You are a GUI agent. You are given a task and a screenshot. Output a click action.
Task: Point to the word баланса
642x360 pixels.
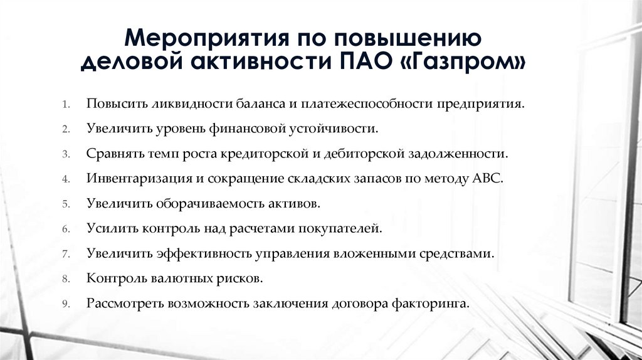(x=260, y=103)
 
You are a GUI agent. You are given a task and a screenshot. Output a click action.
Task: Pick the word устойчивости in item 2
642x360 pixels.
(x=340, y=128)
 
